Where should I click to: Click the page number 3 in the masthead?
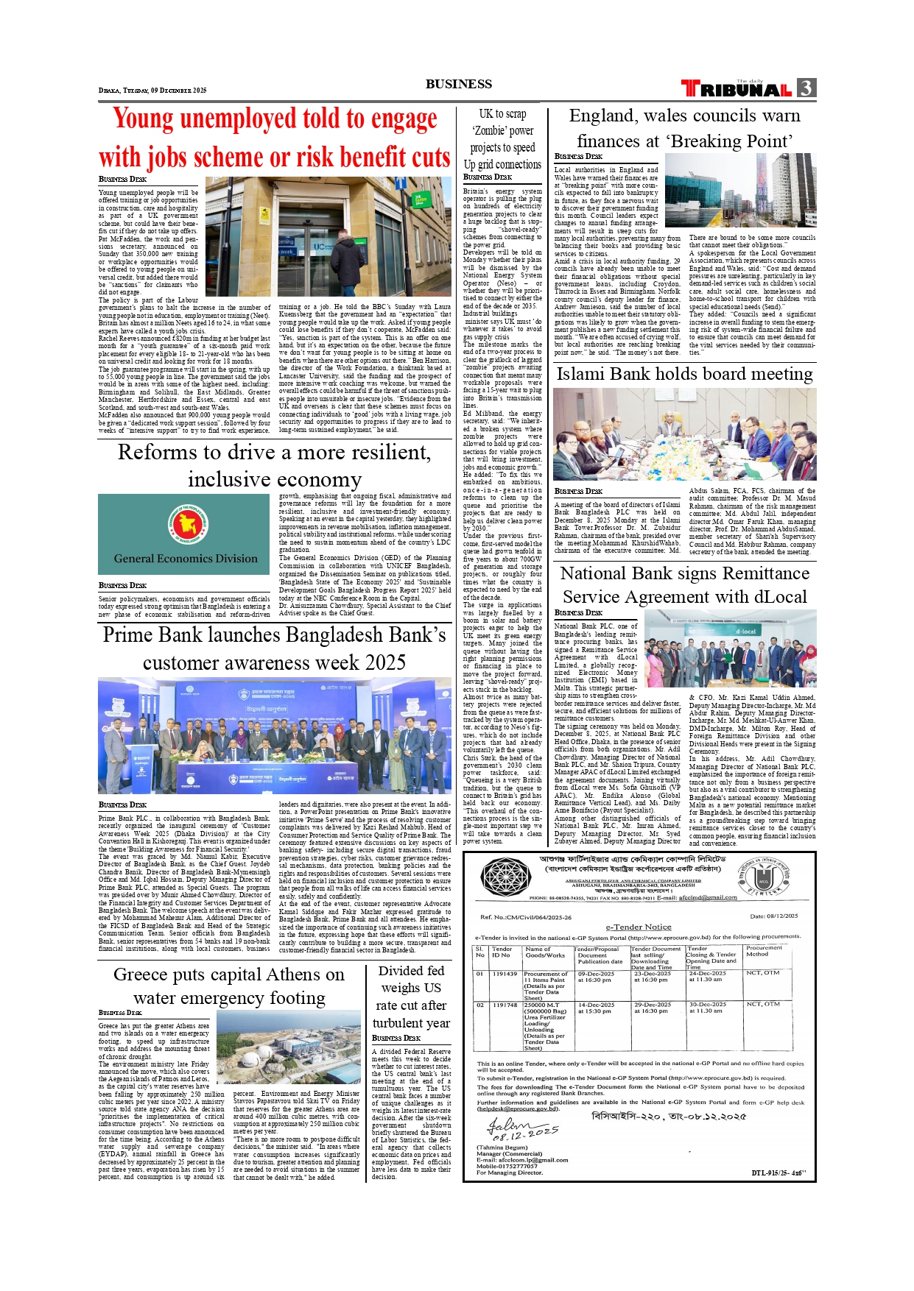click(806, 88)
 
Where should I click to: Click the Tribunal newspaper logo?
click(737, 89)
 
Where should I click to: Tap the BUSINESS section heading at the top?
click(458, 84)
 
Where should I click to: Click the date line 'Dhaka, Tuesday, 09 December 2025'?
click(152, 91)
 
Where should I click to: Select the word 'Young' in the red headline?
click(143, 119)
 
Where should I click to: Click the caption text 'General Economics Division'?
click(186, 559)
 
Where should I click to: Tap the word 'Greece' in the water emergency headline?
click(140, 975)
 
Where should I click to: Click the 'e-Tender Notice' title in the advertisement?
click(639, 927)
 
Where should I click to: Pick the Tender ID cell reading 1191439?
click(505, 974)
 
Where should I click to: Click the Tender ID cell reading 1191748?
click(505, 1005)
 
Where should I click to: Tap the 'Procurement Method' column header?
click(764, 951)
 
